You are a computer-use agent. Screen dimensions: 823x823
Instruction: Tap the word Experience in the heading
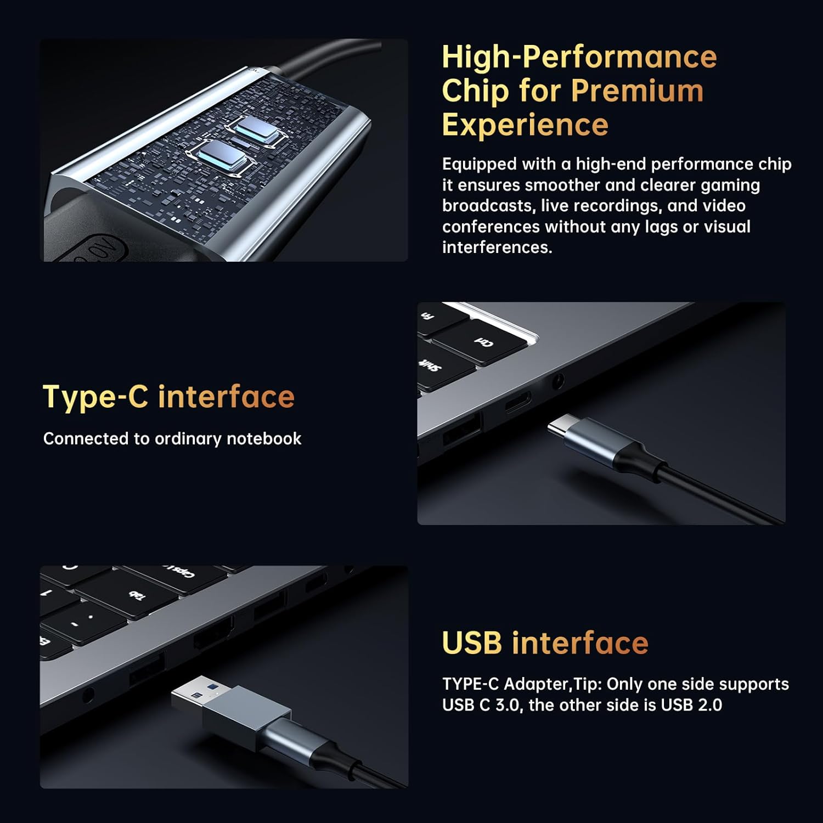click(x=525, y=125)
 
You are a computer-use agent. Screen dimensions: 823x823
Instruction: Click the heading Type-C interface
click(x=169, y=397)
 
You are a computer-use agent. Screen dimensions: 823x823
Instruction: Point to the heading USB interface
click(x=545, y=642)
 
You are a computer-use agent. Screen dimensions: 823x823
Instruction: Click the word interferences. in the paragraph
click(x=497, y=247)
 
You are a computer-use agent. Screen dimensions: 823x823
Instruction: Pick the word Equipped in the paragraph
click(x=480, y=165)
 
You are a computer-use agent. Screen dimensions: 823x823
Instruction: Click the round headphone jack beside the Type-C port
click(x=557, y=380)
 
